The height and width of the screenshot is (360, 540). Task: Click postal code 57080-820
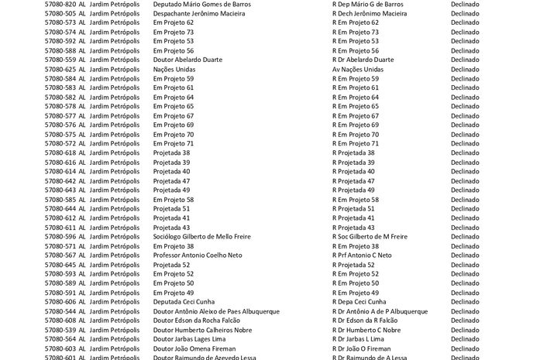pyautogui.click(x=60, y=4)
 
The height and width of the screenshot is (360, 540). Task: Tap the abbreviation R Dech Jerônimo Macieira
pyautogui.click(x=369, y=13)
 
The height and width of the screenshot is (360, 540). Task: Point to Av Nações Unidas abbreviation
pyautogui.click(x=357, y=69)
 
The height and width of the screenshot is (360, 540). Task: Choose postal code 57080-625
pyautogui.click(x=60, y=69)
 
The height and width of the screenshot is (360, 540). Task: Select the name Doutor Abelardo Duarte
pyautogui.click(x=188, y=60)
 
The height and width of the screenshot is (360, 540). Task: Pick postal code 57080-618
pyautogui.click(x=60, y=153)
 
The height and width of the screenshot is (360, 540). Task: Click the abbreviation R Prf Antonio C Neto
pyautogui.click(x=362, y=255)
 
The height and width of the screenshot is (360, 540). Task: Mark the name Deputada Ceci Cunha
pyautogui.click(x=184, y=302)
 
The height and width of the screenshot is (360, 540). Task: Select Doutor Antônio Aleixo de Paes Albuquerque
pyautogui.click(x=216, y=311)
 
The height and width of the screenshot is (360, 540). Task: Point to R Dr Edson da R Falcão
pyautogui.click(x=364, y=321)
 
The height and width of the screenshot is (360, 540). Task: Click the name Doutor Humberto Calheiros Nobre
pyautogui.click(x=202, y=330)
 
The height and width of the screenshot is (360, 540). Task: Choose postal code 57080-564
pyautogui.click(x=60, y=339)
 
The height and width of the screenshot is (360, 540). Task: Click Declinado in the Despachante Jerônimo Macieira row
pyautogui.click(x=465, y=13)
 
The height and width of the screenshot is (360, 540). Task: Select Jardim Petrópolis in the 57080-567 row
pyautogui.click(x=115, y=255)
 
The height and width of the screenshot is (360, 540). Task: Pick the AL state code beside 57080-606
pyautogui.click(x=82, y=302)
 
